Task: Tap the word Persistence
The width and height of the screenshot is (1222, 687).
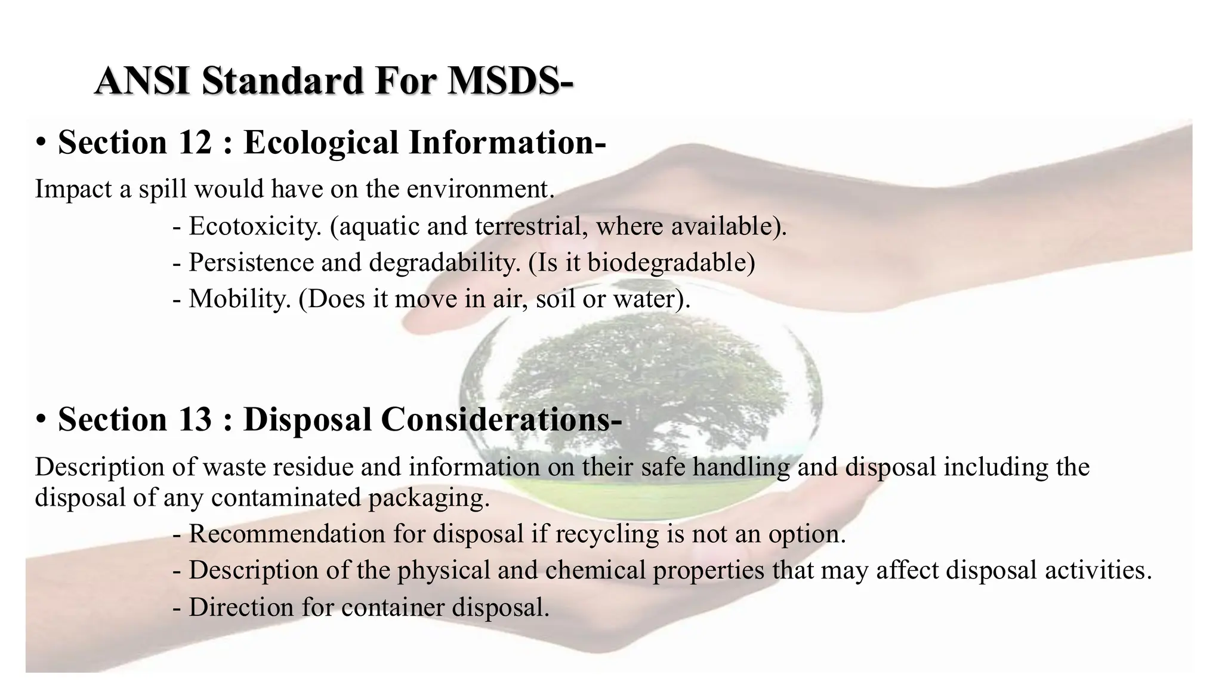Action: (250, 262)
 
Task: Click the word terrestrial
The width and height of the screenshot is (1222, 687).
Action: (526, 226)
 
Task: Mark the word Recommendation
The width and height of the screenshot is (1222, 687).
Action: (287, 533)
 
